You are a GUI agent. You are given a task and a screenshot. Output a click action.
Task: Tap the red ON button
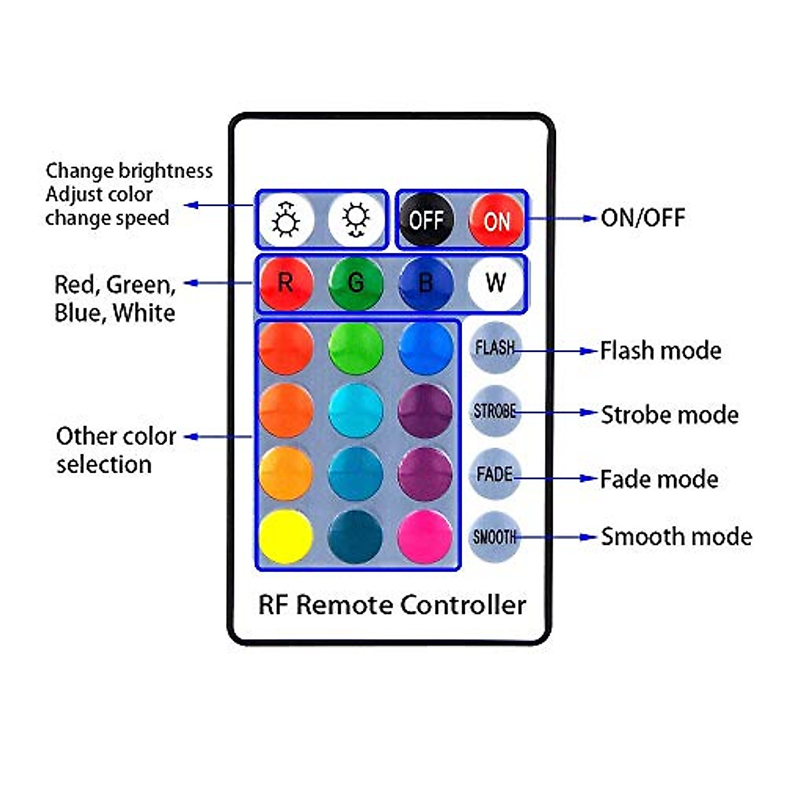(x=496, y=220)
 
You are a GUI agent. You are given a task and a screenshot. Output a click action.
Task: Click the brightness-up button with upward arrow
(x=287, y=220)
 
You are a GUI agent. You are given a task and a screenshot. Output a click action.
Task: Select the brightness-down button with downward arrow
(x=356, y=220)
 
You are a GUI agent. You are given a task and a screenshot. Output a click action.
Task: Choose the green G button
(x=356, y=283)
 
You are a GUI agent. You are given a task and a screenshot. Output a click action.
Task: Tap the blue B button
(x=426, y=283)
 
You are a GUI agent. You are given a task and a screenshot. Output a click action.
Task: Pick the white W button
(x=496, y=283)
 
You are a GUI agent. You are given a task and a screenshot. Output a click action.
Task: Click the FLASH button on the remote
(x=495, y=347)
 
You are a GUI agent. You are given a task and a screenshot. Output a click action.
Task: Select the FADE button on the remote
(x=495, y=474)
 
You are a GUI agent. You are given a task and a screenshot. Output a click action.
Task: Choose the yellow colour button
(x=287, y=537)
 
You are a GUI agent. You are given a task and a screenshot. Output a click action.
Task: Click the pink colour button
(x=425, y=537)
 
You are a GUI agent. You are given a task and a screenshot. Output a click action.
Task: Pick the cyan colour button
(x=356, y=411)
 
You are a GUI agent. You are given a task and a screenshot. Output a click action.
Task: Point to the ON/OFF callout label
(x=643, y=218)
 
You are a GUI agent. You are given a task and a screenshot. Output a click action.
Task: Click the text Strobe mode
(x=670, y=415)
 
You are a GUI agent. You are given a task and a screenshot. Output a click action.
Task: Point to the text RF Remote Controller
(x=392, y=605)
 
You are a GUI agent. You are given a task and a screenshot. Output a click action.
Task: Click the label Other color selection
(x=116, y=450)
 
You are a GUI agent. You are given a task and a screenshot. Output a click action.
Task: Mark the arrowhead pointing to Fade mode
(x=589, y=478)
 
